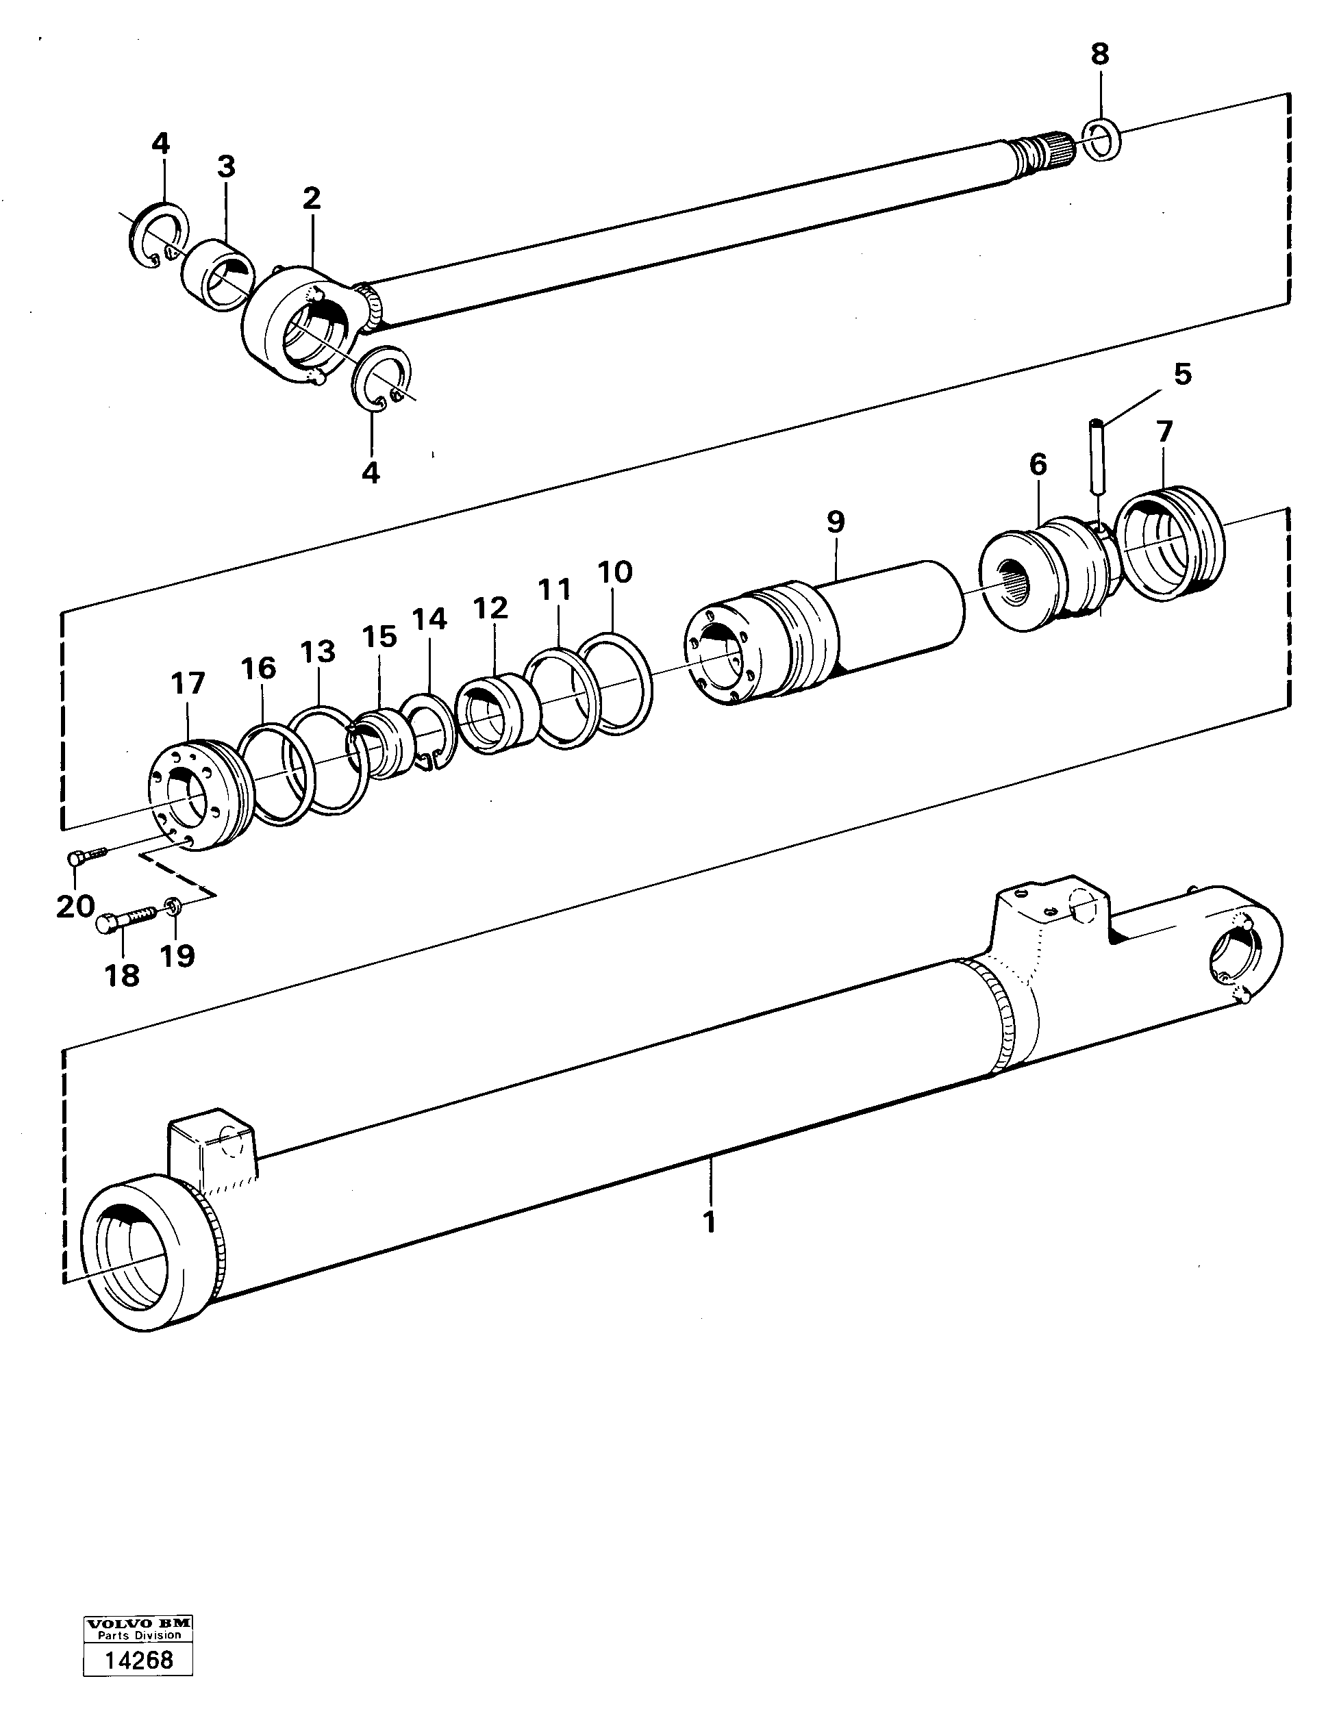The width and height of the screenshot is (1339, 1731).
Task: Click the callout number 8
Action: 1099,54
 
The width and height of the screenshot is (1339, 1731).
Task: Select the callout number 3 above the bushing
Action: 226,166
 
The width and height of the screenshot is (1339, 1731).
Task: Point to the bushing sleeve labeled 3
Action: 216,275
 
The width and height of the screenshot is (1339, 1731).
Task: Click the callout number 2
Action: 312,198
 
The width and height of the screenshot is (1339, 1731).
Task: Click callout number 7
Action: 1163,432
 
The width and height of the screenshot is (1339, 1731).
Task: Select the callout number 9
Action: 836,522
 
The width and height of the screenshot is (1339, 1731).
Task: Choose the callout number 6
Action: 1038,464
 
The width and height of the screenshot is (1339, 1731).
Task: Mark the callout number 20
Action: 75,905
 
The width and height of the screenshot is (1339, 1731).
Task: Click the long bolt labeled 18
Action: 126,920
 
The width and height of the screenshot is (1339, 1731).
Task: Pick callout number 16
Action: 258,668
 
